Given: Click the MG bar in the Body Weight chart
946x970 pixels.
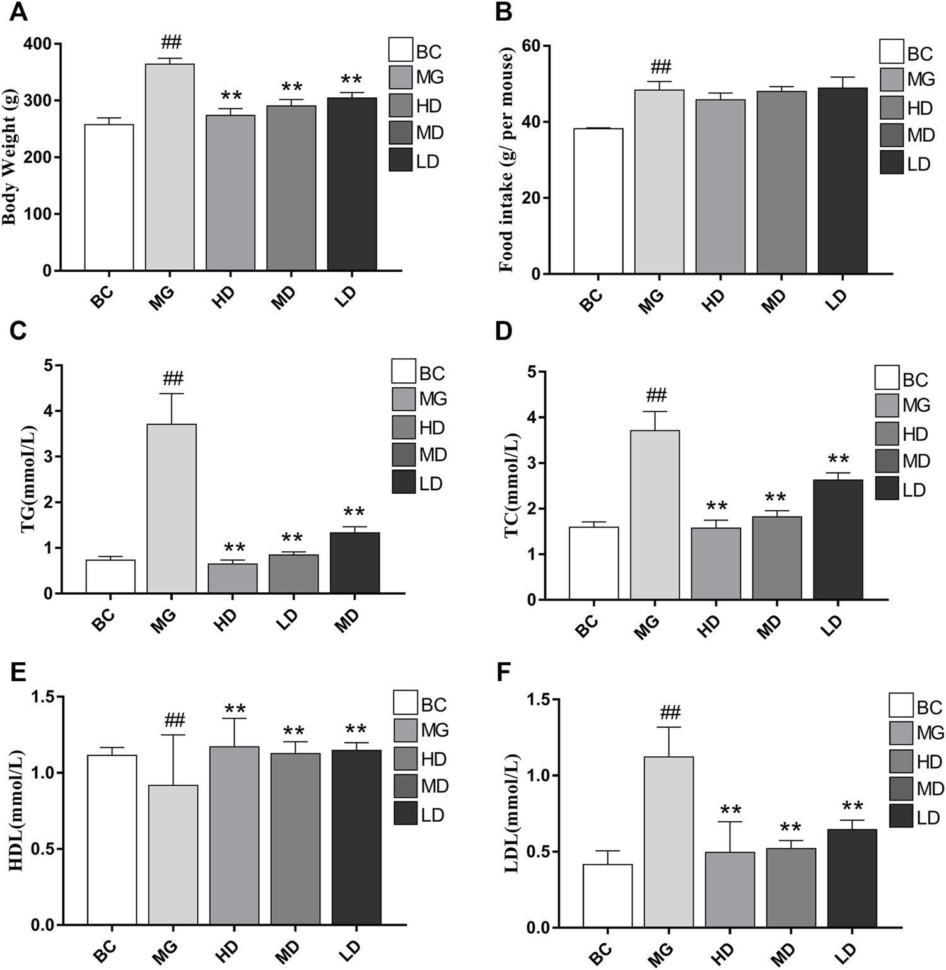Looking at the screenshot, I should point(170,167).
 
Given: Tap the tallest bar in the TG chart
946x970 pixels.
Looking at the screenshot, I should point(172,508).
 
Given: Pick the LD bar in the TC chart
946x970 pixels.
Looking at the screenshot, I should point(838,540).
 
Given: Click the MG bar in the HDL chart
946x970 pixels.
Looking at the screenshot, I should point(173,855).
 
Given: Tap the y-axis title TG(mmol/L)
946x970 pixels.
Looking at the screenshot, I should point(29,479).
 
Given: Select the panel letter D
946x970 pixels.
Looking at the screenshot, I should point(505,331).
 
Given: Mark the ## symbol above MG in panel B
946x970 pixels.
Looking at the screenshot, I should point(660,66).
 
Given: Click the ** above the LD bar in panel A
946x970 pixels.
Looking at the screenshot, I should point(351,79).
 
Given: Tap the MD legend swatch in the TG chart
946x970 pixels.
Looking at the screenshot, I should point(404,455).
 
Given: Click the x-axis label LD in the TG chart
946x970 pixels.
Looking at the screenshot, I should point(288,619).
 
